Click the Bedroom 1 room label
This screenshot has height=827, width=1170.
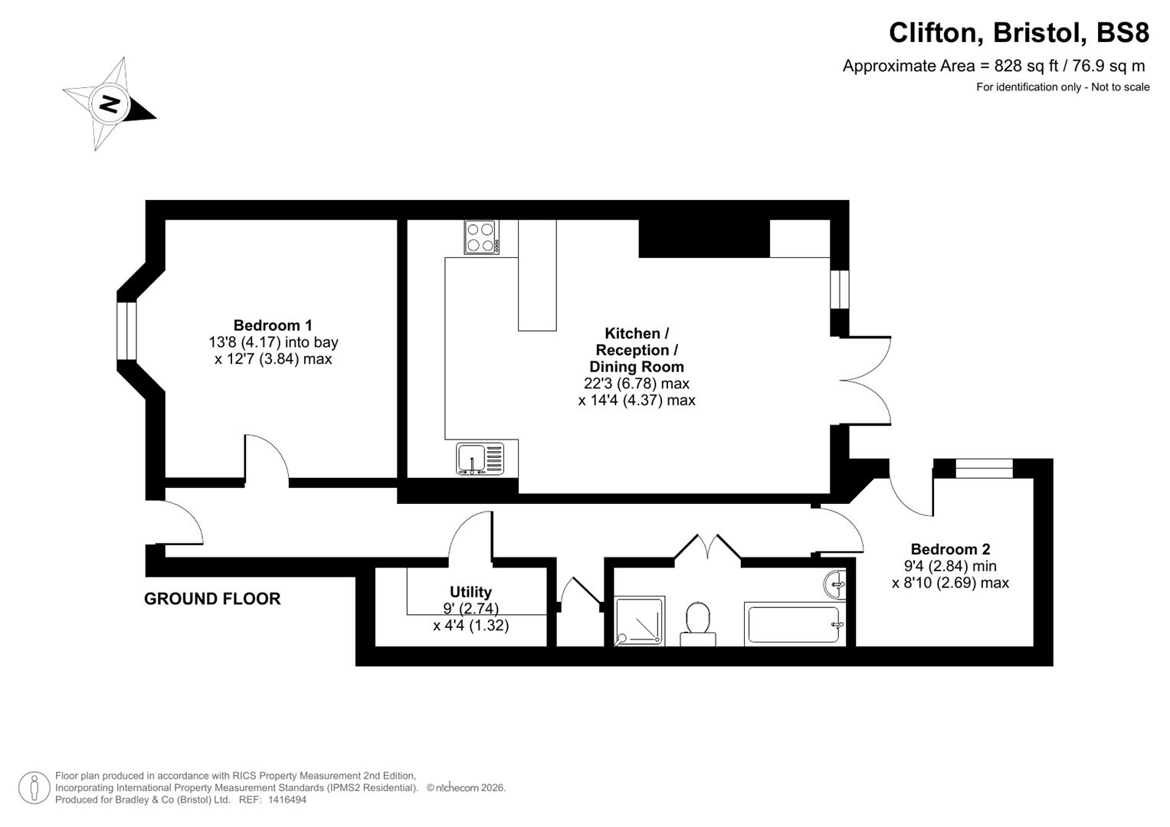pos(273,325)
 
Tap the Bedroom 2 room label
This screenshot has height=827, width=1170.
pos(950,549)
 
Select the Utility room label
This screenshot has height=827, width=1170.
pos(470,592)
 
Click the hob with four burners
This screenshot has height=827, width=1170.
pos(481,237)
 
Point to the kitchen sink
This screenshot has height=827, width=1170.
pos(480,458)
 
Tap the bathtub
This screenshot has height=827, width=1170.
pos(793,626)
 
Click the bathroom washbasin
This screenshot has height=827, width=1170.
pos(836,585)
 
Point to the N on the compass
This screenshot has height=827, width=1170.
pos(109,103)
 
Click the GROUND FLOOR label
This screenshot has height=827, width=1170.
pos(212,599)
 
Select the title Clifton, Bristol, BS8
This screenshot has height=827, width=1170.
pos(1018,33)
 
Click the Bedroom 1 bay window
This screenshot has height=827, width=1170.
pos(126,331)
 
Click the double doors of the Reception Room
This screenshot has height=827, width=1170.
pos(866,380)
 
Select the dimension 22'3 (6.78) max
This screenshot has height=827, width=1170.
pos(636,384)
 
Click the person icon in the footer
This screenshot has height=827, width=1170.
pos(34,788)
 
